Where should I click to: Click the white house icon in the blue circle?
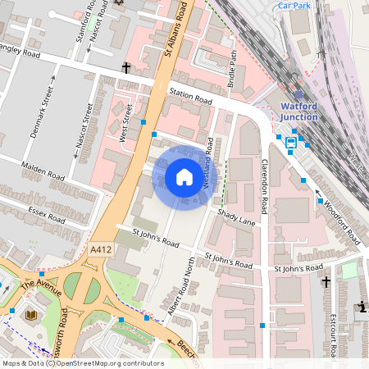184,177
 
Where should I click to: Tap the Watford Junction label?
304,112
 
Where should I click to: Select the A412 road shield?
102,249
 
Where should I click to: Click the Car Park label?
295,5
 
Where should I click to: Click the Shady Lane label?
237,217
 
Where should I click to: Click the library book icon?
32,315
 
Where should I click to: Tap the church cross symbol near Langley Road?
126,68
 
